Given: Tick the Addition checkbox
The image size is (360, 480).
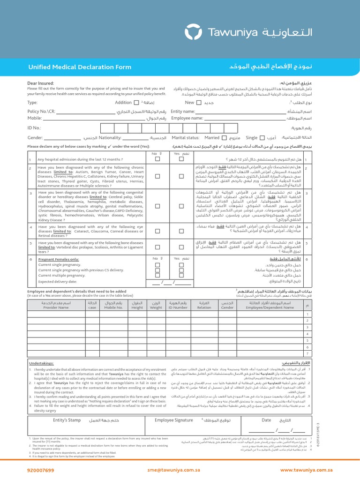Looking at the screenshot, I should [x=136, y=102].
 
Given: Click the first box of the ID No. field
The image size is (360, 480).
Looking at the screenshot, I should [x=107, y=127].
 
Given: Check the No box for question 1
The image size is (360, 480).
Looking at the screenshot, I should [x=157, y=159].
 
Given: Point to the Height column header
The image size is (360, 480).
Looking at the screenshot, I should [x=137, y=305].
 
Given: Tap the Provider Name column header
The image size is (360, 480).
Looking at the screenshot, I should [x=56, y=305].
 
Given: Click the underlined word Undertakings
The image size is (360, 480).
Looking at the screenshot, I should [x=42, y=363].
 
